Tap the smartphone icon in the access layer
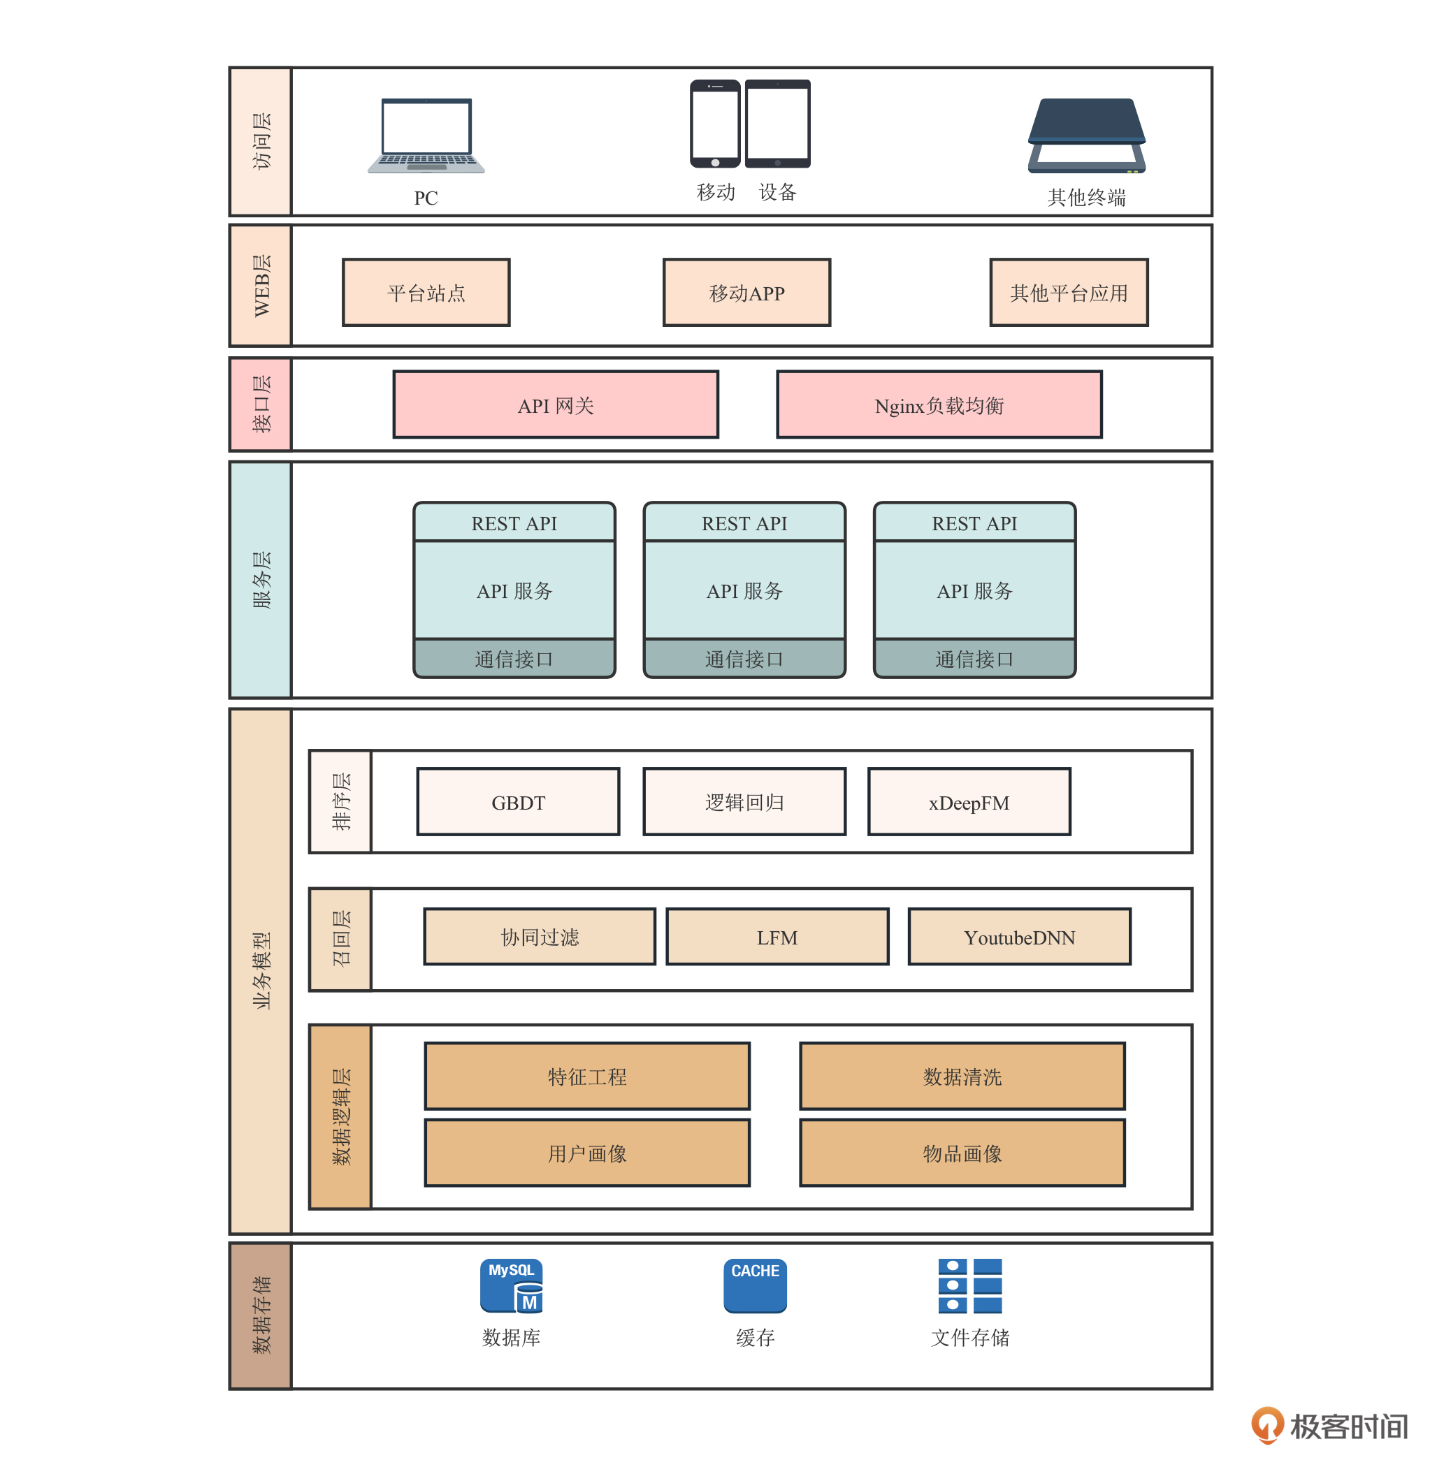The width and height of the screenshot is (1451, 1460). coord(714,124)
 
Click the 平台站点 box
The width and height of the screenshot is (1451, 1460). coord(426,293)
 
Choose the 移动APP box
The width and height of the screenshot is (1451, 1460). coord(746,293)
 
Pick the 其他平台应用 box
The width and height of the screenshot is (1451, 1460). coord(1069,293)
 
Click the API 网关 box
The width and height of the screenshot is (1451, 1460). coord(556,405)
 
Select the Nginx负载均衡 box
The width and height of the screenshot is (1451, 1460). coord(939,405)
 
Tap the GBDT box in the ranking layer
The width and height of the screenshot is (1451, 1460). coord(518,803)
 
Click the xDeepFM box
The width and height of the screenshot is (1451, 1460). coord(969,803)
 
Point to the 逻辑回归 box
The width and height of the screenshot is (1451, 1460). coord(744,803)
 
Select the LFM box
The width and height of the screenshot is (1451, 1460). coord(777,937)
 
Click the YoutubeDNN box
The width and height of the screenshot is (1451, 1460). coord(1019,937)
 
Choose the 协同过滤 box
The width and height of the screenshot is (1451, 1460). coord(539,937)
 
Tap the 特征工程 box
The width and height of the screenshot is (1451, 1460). coord(586,1076)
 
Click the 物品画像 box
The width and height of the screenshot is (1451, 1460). coord(962,1153)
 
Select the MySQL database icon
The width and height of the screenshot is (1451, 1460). coord(511,1286)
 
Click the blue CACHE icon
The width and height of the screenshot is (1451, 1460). coord(755,1286)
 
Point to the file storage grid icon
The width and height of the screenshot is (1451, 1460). coord(969,1286)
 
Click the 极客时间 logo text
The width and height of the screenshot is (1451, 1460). coord(1348,1426)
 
